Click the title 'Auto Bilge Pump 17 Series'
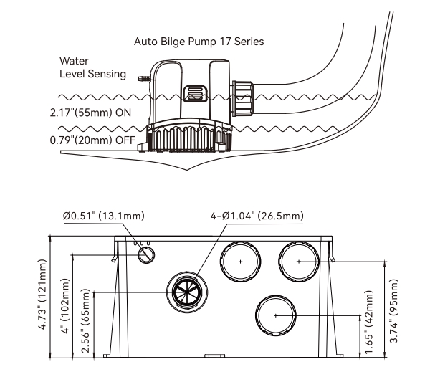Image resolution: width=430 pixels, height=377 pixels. pyautogui.click(x=199, y=42)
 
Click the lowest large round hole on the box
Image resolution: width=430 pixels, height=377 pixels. pyautogui.click(x=272, y=314)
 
